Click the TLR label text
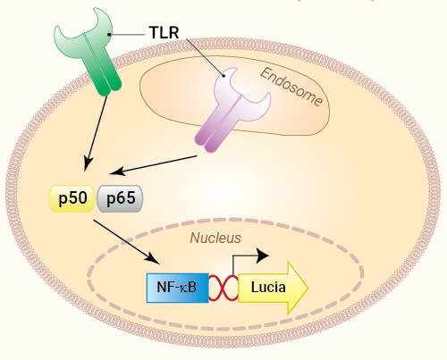(164, 32)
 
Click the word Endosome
(291, 87)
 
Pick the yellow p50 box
(72, 198)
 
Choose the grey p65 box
(120, 198)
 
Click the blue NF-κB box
(178, 288)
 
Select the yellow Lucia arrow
(273, 288)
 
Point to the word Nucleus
(215, 238)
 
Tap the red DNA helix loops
(223, 288)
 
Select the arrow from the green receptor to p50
(96, 134)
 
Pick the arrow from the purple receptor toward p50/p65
(153, 165)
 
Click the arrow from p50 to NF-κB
(127, 242)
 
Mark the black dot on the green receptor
(109, 35)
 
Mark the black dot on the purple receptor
(223, 76)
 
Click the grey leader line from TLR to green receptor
(127, 35)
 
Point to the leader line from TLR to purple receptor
(205, 57)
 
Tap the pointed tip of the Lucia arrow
(308, 288)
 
